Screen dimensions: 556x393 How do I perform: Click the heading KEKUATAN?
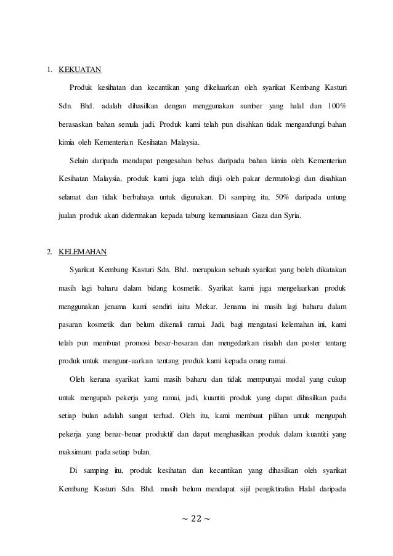click(80, 69)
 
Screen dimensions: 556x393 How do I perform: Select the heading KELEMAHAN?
click(83, 252)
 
